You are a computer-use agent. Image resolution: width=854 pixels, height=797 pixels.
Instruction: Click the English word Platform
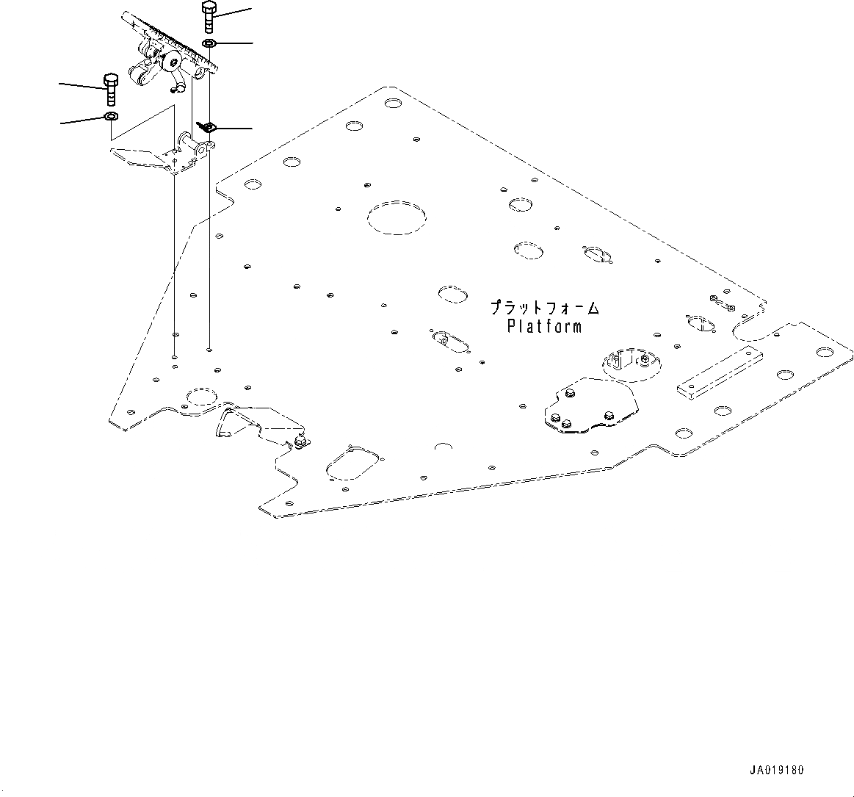(x=544, y=325)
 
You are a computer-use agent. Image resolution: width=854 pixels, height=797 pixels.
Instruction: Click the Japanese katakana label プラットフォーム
(x=545, y=307)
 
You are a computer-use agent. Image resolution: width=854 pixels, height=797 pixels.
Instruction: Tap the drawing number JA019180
(x=777, y=771)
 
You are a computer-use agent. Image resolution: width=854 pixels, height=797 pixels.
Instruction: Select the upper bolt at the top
(x=208, y=17)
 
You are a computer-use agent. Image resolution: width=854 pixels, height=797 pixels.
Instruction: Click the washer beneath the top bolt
(x=208, y=45)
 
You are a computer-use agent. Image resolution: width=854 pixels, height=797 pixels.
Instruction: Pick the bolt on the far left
(x=111, y=90)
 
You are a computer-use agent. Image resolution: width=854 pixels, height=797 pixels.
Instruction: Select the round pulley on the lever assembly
(x=174, y=61)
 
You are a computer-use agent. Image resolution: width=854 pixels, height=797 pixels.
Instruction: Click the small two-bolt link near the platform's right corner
(x=721, y=301)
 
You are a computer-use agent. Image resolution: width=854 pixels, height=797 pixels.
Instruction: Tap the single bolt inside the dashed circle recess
(x=644, y=359)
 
